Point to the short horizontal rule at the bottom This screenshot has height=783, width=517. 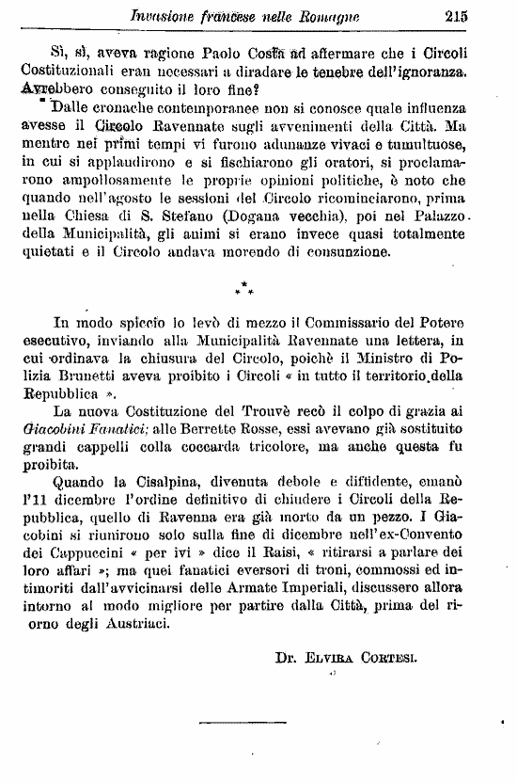pyautogui.click(x=229, y=723)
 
